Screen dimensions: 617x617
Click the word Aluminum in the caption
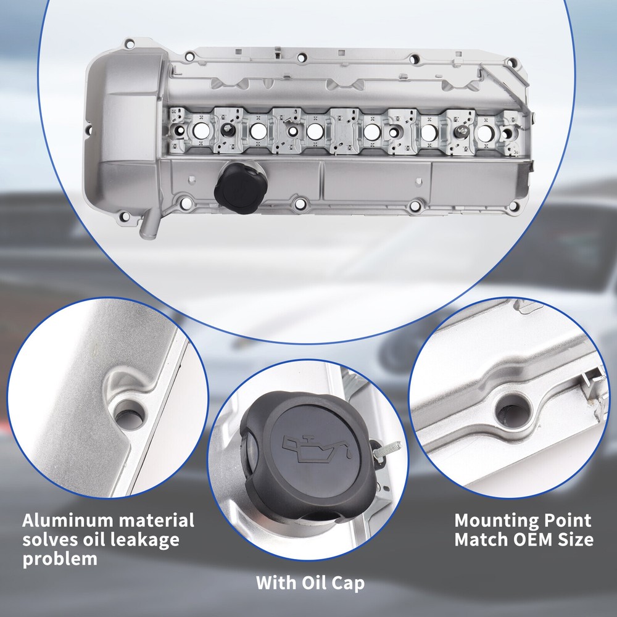pyautogui.click(x=68, y=520)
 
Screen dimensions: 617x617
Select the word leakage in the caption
pyautogui.click(x=144, y=539)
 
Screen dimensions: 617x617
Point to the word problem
pyautogui.click(x=60, y=559)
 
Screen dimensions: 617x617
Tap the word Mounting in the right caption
pyautogui.click(x=496, y=521)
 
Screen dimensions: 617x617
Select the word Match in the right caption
pyautogui.click(x=479, y=539)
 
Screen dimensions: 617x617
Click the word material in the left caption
pyautogui.click(x=157, y=520)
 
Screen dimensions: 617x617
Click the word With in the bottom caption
pyautogui.click(x=276, y=583)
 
